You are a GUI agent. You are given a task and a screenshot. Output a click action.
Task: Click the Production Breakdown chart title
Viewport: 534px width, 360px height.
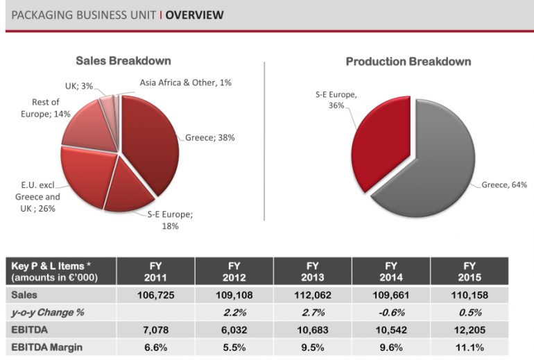click(408, 62)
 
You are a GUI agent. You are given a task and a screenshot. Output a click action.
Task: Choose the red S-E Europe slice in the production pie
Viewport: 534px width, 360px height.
click(381, 142)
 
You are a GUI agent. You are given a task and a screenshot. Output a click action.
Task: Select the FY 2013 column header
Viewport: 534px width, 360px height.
click(312, 271)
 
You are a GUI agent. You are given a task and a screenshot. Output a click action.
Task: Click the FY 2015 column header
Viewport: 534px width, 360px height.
click(470, 271)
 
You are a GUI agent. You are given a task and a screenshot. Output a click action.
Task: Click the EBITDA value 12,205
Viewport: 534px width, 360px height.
click(470, 328)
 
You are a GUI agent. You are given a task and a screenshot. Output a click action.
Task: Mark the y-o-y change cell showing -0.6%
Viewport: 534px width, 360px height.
click(391, 312)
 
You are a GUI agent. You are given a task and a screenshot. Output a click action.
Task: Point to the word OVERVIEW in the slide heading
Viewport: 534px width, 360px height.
click(195, 15)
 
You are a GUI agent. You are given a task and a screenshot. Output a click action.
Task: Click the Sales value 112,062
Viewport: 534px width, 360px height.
click(312, 295)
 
